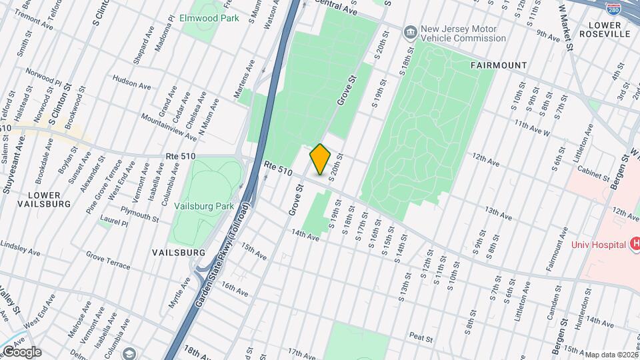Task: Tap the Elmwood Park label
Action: pyautogui.click(x=209, y=18)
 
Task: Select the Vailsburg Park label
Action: pyautogui.click(x=204, y=206)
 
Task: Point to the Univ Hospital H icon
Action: pyautogui.click(x=635, y=244)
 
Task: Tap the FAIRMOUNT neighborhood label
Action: pyautogui.click(x=498, y=65)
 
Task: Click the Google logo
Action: pyautogui.click(x=21, y=351)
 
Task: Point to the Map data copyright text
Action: pyautogui.click(x=611, y=355)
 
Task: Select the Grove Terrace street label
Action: pyautogui.click(x=109, y=260)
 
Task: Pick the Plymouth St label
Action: pyautogui.click(x=139, y=216)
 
